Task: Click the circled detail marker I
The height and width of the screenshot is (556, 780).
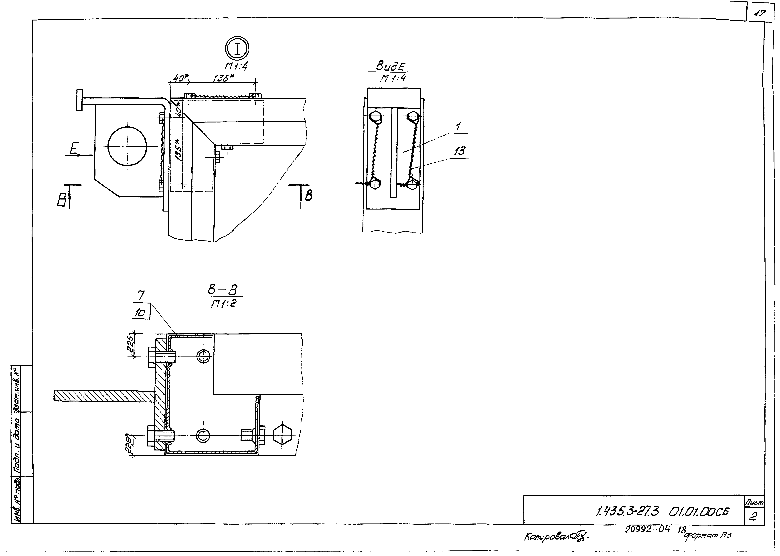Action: pyautogui.click(x=237, y=48)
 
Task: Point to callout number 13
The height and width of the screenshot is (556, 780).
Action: pyautogui.click(x=460, y=151)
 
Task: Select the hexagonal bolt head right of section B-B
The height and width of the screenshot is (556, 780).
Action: pyautogui.click(x=282, y=436)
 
